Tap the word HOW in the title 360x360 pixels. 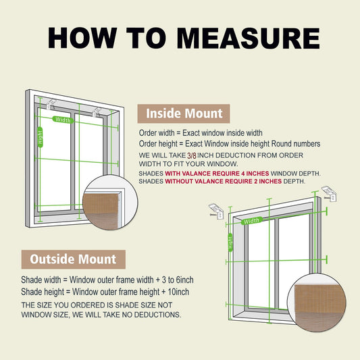(x=82, y=38)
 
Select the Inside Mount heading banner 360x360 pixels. (x=184, y=113)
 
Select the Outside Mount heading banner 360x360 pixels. (x=74, y=259)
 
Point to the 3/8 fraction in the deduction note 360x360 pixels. (x=191, y=155)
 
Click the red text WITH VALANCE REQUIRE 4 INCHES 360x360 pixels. (x=217, y=174)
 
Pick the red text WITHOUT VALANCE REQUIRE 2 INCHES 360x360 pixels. (x=223, y=181)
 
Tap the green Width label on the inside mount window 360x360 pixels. (x=63, y=120)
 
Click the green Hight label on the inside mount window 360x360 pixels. (x=40, y=137)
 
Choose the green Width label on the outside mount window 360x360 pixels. (x=252, y=221)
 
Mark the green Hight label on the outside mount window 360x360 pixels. (x=230, y=242)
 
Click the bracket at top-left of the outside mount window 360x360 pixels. (x=215, y=211)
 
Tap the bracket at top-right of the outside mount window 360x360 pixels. (x=329, y=194)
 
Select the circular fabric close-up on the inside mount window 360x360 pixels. (x=110, y=203)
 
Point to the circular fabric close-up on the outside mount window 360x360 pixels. (x=317, y=302)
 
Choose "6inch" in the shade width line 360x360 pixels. (x=184, y=280)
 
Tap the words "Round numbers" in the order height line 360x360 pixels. (x=296, y=144)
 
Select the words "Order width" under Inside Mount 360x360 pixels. (x=157, y=133)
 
